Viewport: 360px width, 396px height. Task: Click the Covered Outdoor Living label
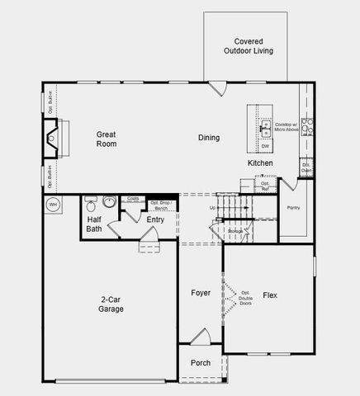coord(248,45)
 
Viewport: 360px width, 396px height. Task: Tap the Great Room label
coord(106,139)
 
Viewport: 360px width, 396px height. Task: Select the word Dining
coord(208,138)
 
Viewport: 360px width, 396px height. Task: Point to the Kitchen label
coord(260,163)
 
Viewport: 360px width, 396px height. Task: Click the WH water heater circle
coord(53,204)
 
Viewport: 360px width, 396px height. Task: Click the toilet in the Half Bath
coord(91,201)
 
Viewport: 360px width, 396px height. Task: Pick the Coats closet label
coord(132,199)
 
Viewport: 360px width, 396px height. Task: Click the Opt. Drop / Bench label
coord(159,205)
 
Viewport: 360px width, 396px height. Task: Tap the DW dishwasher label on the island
coord(265,146)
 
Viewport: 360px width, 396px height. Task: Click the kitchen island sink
coord(266,128)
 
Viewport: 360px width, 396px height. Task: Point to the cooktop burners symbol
coord(306,126)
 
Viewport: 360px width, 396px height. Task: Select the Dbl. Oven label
coord(306,167)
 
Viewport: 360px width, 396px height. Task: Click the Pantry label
coord(293,208)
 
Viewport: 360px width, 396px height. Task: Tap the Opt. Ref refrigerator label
coord(266,186)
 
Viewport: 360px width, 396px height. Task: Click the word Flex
coord(269,295)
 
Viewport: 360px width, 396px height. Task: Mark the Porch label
coord(201,363)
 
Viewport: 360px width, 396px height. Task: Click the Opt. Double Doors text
coord(245,297)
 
